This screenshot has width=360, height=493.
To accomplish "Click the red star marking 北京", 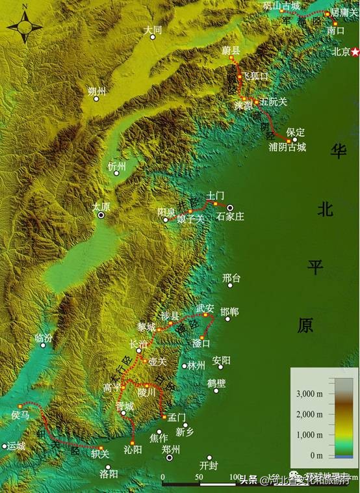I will [355, 52].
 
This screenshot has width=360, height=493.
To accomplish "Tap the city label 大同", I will [153, 30].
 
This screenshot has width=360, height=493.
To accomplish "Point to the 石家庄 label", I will [230, 216].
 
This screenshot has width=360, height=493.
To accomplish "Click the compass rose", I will [25, 27].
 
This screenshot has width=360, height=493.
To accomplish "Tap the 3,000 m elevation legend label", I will [310, 394].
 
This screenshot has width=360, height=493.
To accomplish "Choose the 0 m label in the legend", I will [316, 455].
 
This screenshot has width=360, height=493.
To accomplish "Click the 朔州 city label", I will [96, 92].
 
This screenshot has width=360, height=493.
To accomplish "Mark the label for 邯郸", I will [229, 313].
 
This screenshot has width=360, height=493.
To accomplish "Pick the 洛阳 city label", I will [109, 473].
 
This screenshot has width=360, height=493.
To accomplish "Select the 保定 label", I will [295, 132].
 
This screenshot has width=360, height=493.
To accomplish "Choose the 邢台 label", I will [231, 278].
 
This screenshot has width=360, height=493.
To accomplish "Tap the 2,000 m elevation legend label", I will [310, 414].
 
